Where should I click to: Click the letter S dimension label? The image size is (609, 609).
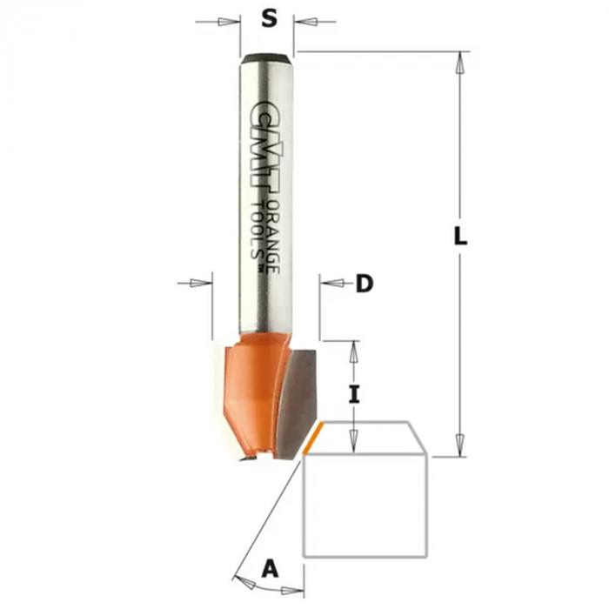click(269, 18)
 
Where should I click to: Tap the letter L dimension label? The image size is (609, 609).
click(460, 236)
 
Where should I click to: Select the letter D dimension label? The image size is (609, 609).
click(365, 284)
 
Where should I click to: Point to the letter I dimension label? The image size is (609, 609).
click(353, 395)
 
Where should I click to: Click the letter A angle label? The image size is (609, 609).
click(271, 569)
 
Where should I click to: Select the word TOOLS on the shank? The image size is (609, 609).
click(257, 231)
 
